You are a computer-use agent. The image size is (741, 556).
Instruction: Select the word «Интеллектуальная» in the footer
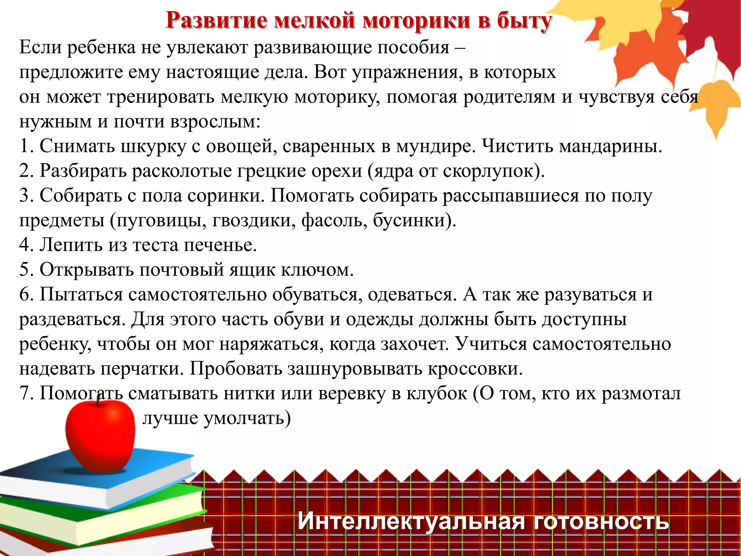(x=411, y=521)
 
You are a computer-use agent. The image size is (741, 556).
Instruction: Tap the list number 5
(x=26, y=270)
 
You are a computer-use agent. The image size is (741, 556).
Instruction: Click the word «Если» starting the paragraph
(x=40, y=47)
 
